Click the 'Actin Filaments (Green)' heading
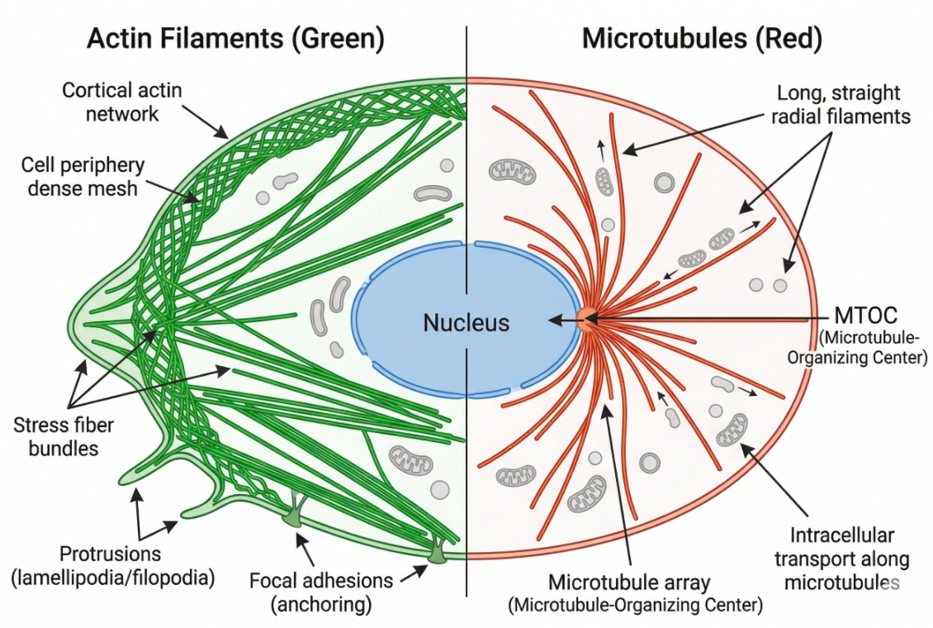(x=235, y=39)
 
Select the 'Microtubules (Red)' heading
(x=701, y=39)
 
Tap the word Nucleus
(x=466, y=322)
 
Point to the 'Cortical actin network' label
(x=121, y=102)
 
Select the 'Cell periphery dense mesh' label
(x=83, y=176)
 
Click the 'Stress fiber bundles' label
(x=64, y=437)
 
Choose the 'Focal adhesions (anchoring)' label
(x=321, y=592)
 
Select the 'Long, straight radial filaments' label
(x=840, y=104)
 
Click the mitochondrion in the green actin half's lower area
(x=410, y=459)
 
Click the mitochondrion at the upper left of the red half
(x=513, y=171)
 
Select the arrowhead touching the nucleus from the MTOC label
(x=553, y=319)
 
